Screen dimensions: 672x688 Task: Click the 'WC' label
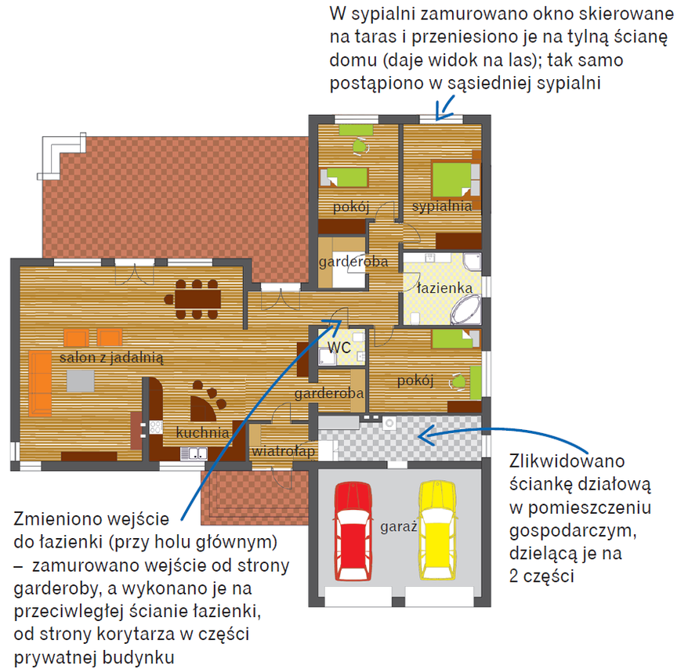339,345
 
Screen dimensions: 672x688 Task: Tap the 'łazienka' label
444,287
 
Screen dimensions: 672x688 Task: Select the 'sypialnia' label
442,206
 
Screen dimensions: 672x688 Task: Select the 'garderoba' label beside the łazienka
353,262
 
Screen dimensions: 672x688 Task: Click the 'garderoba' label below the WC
329,393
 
